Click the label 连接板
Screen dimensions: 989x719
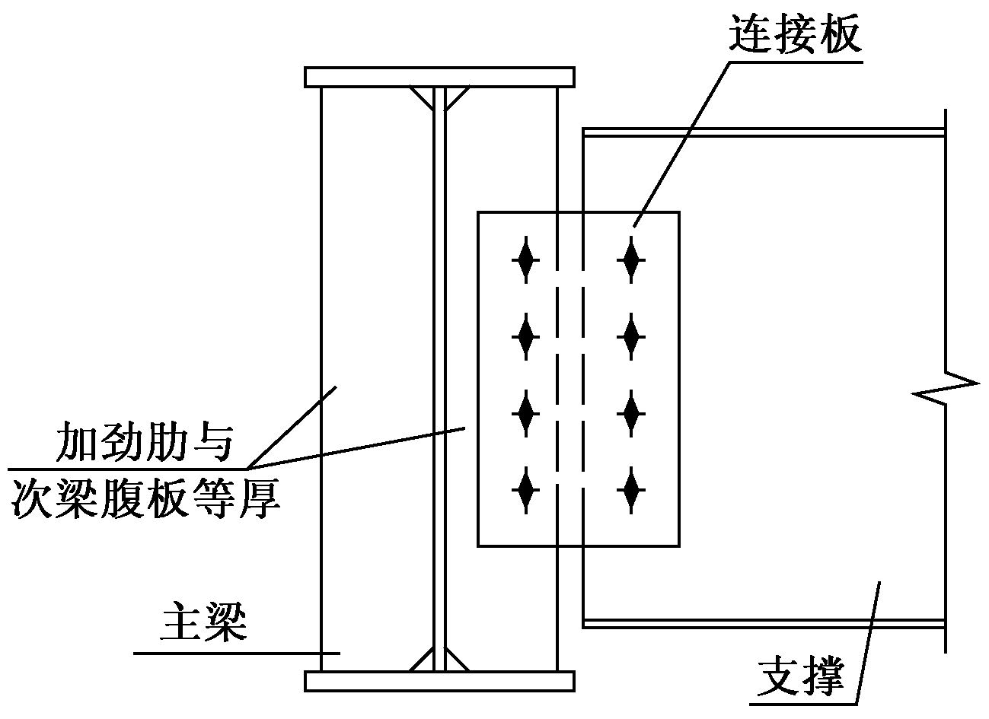click(795, 35)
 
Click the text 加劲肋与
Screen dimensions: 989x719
click(144, 441)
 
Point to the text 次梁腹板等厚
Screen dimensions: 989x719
click(147, 498)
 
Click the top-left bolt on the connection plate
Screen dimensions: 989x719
click(525, 260)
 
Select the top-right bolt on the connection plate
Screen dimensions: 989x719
click(631, 260)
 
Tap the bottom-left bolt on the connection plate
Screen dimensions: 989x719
click(525, 490)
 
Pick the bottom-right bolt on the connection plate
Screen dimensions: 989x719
click(631, 490)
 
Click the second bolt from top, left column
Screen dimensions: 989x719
click(525, 337)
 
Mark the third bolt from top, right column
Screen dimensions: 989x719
click(631, 414)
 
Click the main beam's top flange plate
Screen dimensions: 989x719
click(439, 77)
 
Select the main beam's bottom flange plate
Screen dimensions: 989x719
click(439, 681)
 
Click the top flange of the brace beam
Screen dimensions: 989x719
click(764, 132)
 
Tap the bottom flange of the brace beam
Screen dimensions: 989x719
click(764, 623)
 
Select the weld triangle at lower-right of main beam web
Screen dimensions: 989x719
click(455, 660)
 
